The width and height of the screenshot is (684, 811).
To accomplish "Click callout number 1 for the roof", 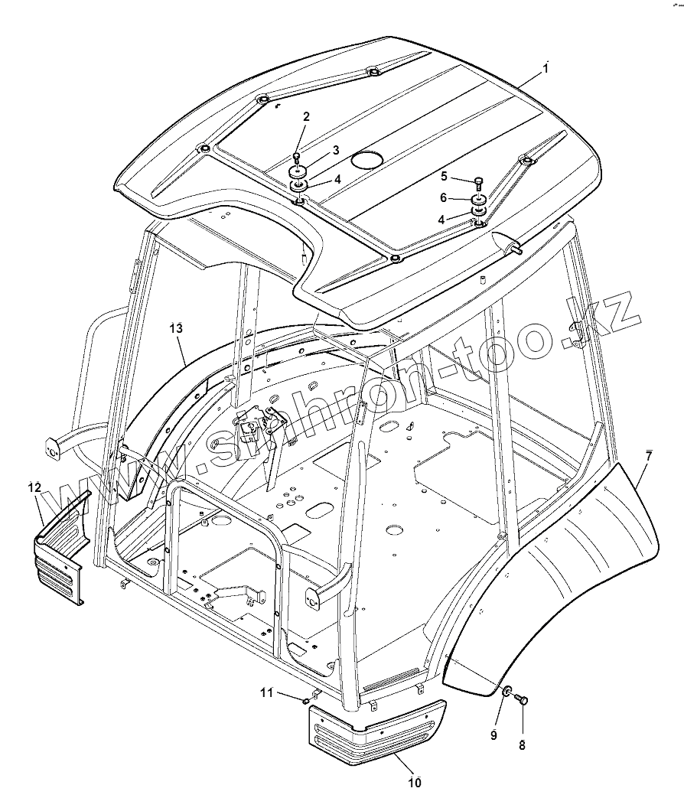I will click(x=546, y=68).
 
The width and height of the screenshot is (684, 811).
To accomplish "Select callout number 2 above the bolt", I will click(x=306, y=117).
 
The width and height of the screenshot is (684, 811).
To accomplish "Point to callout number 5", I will click(x=444, y=176).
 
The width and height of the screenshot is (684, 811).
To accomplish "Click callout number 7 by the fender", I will click(x=648, y=456).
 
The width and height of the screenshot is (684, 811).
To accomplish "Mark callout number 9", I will click(x=493, y=735).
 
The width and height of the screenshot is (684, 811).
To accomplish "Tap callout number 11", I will click(x=266, y=693).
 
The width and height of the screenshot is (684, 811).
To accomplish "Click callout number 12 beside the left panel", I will click(x=35, y=487).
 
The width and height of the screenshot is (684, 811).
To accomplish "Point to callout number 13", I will click(x=176, y=328).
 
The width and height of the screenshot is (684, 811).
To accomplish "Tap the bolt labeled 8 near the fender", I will click(x=523, y=699).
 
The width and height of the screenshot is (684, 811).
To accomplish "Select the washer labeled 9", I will click(x=506, y=692).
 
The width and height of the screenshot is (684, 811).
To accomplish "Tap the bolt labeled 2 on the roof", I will click(x=297, y=157).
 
